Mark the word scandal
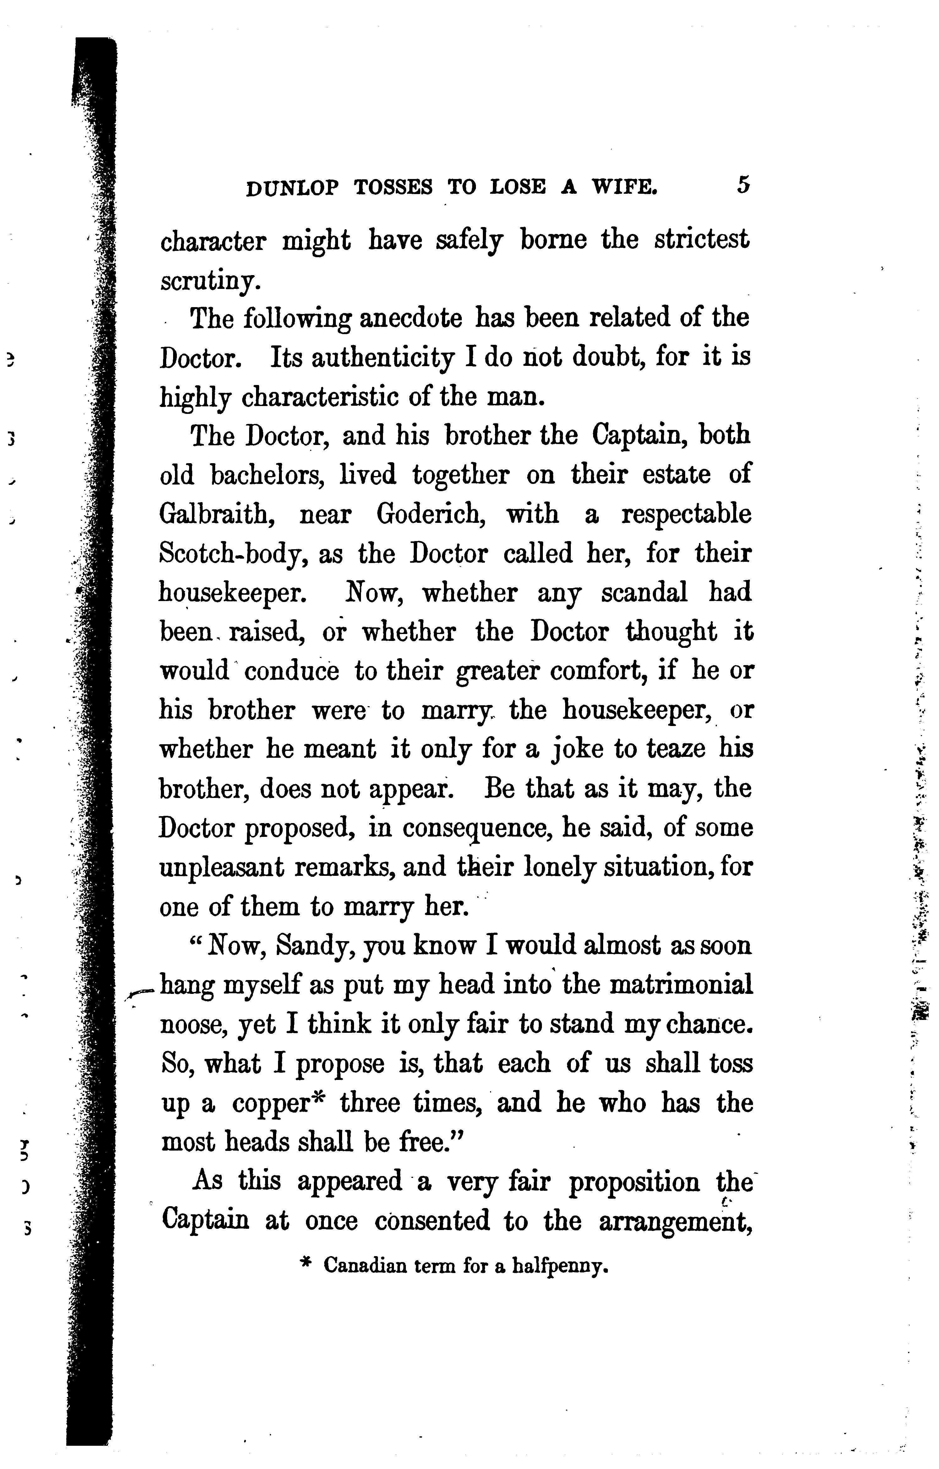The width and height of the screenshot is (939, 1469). pos(644,592)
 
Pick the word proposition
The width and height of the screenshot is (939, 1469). pos(635,1182)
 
